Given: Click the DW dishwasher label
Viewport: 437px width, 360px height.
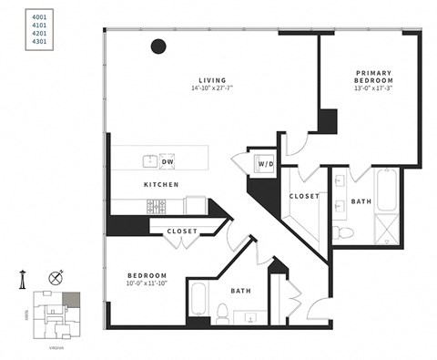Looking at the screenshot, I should (168, 162).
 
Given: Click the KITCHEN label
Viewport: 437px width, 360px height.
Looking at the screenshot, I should (160, 185).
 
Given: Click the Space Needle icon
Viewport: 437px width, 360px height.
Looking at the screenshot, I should (21, 280).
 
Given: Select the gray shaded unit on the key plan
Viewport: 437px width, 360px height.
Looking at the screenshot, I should (70, 298).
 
